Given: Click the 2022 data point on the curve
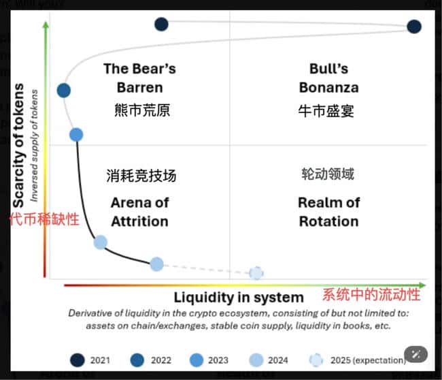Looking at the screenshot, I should pyautogui.click(x=64, y=90).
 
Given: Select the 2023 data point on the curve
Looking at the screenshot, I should pyautogui.click(x=76, y=134).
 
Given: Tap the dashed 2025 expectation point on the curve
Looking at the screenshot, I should pyautogui.click(x=256, y=272).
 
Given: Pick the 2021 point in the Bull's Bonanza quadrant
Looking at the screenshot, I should pyautogui.click(x=413, y=27).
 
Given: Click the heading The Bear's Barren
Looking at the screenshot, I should pyautogui.click(x=139, y=78).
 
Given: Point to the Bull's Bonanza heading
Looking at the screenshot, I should pyautogui.click(x=328, y=78).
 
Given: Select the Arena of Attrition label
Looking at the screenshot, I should pyautogui.click(x=139, y=212).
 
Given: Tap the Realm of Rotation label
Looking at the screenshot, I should pyautogui.click(x=328, y=212).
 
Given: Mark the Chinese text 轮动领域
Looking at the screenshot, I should pyautogui.click(x=328, y=174).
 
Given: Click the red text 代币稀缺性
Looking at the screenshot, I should pyautogui.click(x=44, y=219).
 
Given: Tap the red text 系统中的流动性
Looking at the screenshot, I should pyautogui.click(x=371, y=295).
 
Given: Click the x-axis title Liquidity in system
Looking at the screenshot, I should pyautogui.click(x=239, y=297).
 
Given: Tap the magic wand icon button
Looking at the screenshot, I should pyautogui.click(x=415, y=353).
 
